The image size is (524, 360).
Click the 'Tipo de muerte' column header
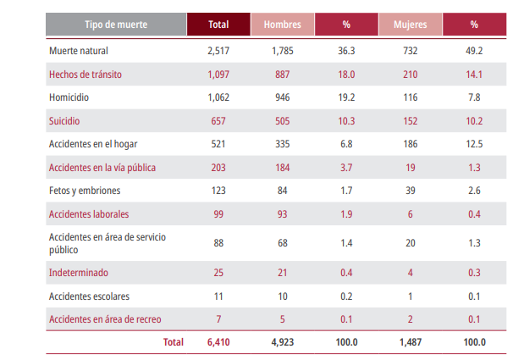click(116, 25)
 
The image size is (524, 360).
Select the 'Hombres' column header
click(282, 25)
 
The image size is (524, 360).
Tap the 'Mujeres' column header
click(411, 25)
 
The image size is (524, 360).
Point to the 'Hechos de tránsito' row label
click(85, 75)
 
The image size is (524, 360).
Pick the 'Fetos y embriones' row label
click(85, 191)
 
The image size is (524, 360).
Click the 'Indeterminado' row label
click(79, 273)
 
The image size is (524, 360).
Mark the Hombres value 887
click(282, 75)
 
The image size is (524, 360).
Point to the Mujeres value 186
click(411, 144)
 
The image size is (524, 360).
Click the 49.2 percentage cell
click(474, 51)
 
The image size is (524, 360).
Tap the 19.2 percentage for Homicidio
click(346, 97)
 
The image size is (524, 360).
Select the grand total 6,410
click(218, 342)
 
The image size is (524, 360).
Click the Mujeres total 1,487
click(411, 342)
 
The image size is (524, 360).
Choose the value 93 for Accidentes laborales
click(282, 214)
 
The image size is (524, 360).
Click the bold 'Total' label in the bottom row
click(173, 342)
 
